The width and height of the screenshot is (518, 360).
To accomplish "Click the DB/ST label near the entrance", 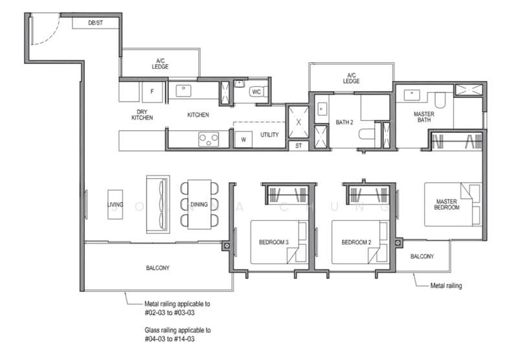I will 95,23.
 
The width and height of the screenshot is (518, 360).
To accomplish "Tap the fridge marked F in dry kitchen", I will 152,91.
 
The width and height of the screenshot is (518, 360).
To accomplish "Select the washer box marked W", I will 243,139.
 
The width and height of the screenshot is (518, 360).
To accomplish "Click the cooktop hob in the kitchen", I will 208,139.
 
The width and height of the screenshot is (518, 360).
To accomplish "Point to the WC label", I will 256,91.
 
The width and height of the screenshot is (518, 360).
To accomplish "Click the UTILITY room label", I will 269,135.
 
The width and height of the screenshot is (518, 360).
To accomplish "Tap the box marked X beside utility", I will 298,121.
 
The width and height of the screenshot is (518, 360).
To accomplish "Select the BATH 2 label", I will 344,121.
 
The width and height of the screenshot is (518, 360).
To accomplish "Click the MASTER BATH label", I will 424,117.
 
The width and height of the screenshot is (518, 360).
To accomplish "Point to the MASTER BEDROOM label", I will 447,205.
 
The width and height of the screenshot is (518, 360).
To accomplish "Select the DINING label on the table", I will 199,205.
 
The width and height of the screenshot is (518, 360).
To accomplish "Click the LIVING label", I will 115,205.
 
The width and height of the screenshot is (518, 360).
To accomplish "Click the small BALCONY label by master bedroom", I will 422,256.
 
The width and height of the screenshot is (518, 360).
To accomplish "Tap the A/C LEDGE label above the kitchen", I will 160,63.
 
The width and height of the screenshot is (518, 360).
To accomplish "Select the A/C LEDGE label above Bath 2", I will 352,78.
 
